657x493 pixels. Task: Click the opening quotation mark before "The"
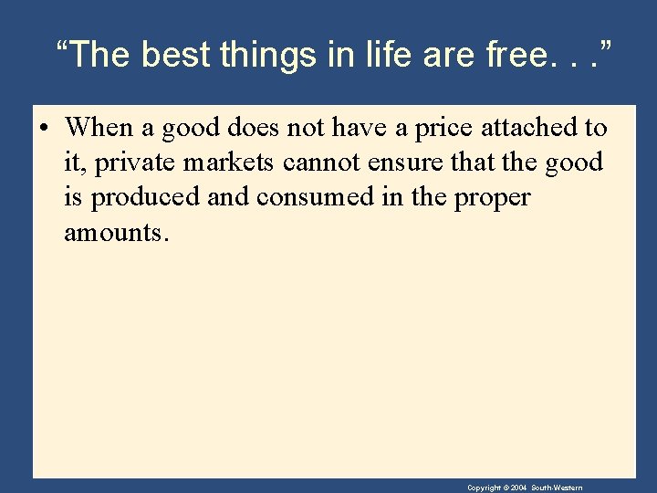[62, 46]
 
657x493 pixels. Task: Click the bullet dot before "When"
[43, 127]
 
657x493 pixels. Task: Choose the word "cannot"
[322, 163]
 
